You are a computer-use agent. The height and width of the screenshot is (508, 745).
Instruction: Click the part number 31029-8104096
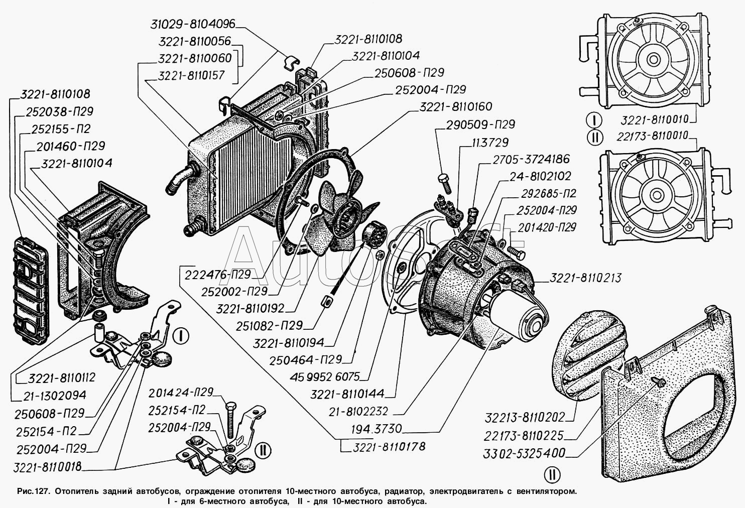point(193,24)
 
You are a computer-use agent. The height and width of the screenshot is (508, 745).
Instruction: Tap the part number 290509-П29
point(481,124)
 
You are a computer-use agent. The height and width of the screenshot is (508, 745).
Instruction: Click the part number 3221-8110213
point(585,278)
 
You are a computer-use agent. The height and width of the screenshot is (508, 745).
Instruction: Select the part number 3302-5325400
point(525,453)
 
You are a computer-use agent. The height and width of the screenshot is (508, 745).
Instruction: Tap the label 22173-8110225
point(524,436)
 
